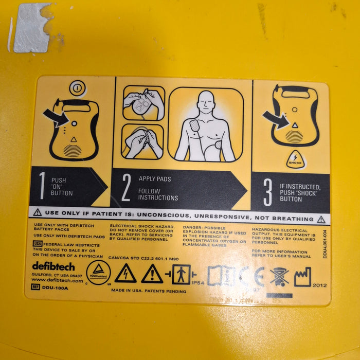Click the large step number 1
click(x=41, y=186)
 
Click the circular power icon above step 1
click(x=76, y=88)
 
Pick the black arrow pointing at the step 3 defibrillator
click(x=276, y=120)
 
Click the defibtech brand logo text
click(x=53, y=266)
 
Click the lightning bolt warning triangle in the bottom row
click(x=125, y=274)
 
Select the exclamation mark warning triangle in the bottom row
click(x=152, y=274)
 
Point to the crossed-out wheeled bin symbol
click(x=279, y=277)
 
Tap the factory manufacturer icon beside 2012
click(x=302, y=277)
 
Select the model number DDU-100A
click(x=55, y=287)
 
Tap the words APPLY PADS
click(x=155, y=179)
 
